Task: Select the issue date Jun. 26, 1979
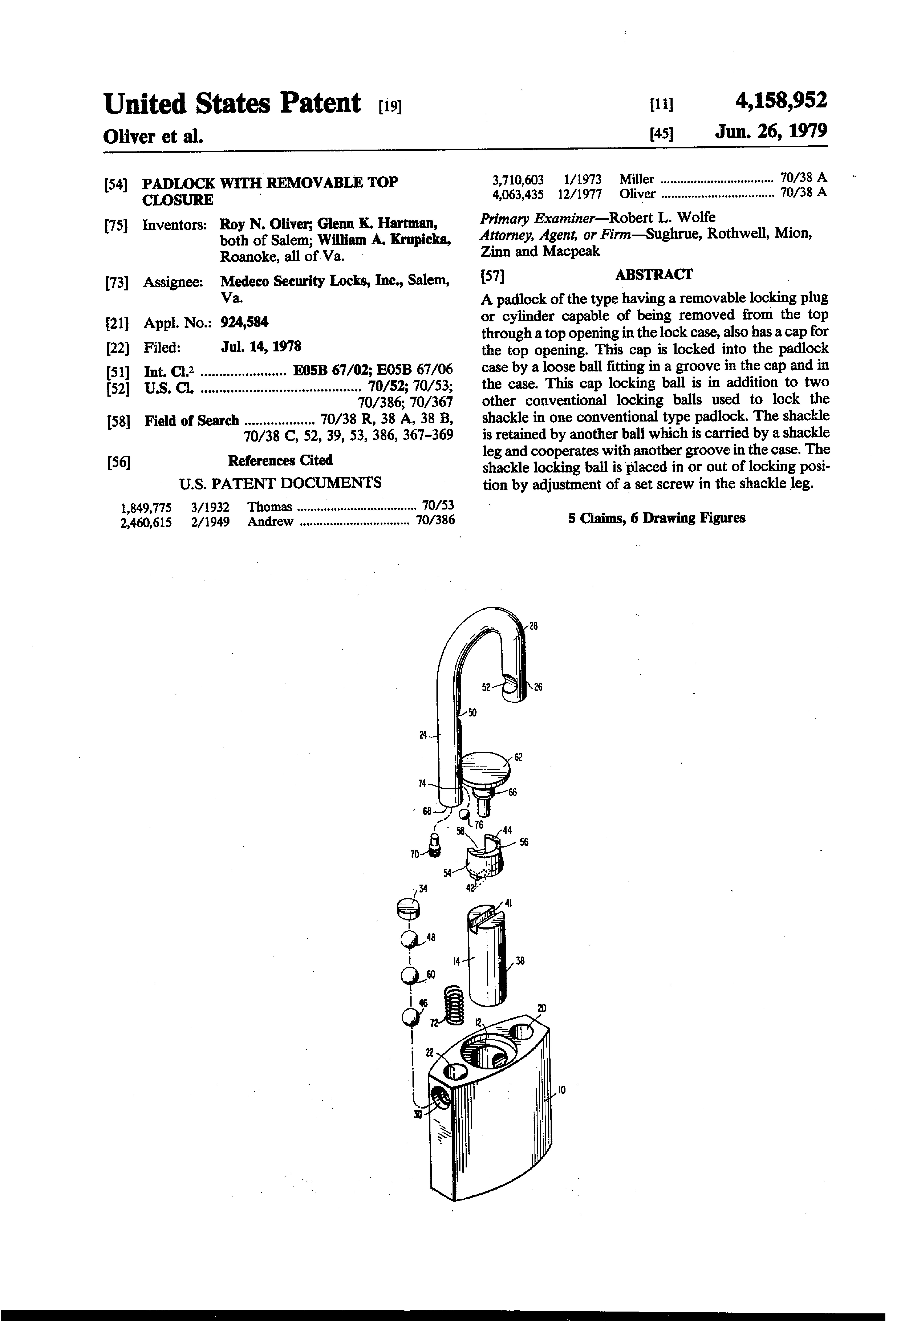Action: [x=770, y=132]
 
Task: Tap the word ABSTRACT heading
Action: [x=654, y=275]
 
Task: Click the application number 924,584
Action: [x=244, y=322]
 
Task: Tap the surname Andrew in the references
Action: [x=270, y=522]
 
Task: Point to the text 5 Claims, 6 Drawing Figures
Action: [x=656, y=518]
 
